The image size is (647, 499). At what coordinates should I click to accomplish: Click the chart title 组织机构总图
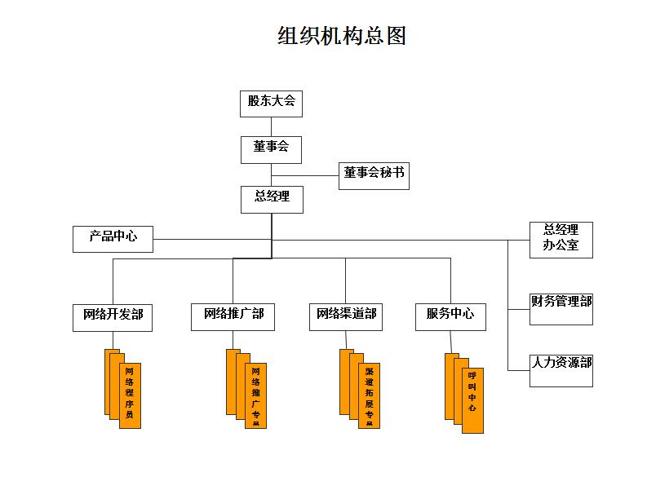coord(341,36)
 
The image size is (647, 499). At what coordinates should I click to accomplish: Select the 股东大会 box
coord(271,103)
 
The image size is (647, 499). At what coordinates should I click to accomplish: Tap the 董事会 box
coord(271,148)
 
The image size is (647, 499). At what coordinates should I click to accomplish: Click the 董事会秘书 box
coord(374,174)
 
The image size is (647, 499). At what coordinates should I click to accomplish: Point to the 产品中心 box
coord(113,238)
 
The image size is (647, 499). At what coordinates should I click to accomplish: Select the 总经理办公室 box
coord(561,239)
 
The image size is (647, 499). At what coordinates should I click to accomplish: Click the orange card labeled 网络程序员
coord(130,395)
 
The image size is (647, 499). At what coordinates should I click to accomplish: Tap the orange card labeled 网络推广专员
coord(255,395)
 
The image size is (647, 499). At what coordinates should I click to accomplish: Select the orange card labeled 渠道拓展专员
coord(369,395)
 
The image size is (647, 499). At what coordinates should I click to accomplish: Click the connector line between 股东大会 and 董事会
coord(271,126)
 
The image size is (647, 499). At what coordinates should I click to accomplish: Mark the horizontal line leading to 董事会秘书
coord(305,175)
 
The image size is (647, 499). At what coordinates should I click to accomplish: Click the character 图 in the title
coord(397,36)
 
